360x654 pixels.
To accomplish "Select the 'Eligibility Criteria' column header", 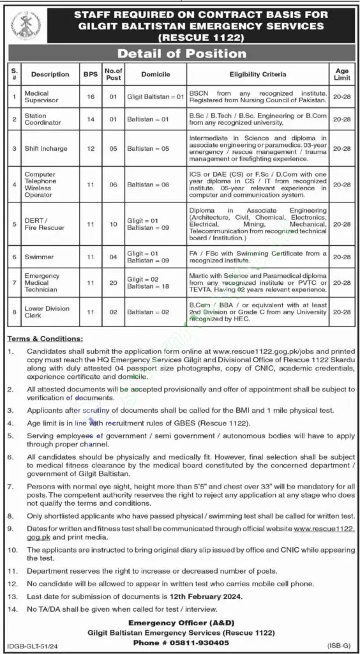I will click(258, 74).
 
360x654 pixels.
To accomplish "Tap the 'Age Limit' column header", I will click(341, 74).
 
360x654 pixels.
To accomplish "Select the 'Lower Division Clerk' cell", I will click(40, 313).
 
